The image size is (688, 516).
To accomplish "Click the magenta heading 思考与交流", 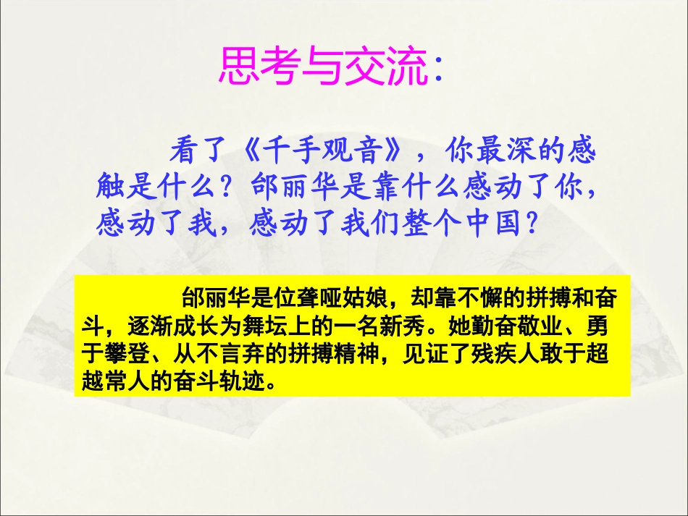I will point(322,67).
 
